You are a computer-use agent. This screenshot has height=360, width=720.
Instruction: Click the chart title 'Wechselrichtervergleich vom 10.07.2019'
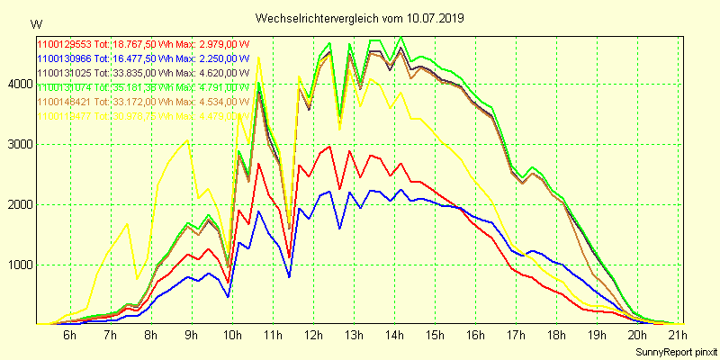[360, 18]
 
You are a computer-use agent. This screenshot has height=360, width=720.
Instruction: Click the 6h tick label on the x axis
[69, 335]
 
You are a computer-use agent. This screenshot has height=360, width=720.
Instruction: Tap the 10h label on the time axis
[231, 335]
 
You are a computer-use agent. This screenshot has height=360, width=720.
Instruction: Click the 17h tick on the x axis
[516, 335]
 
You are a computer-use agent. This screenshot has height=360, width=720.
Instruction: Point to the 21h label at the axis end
[678, 335]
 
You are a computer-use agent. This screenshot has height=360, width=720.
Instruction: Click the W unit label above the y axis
[35, 24]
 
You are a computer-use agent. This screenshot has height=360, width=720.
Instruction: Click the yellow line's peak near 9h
[186, 140]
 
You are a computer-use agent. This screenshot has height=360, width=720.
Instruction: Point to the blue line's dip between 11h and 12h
[289, 276]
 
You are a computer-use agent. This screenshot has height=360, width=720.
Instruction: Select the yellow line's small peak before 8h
[127, 223]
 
